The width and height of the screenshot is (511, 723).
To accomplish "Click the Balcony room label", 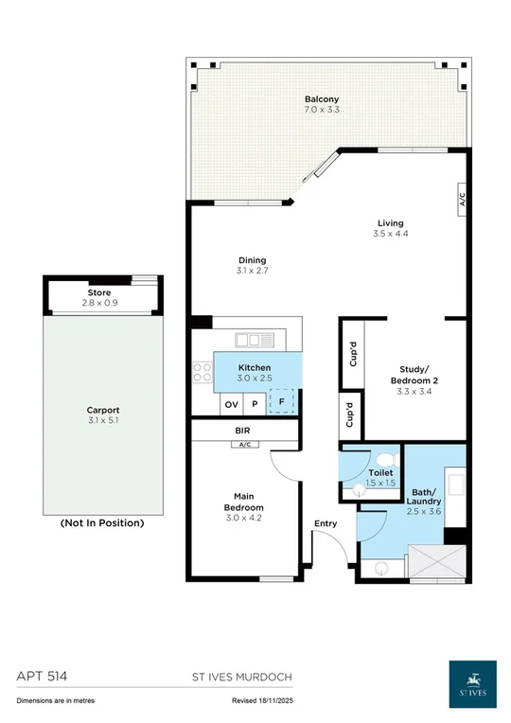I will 322,99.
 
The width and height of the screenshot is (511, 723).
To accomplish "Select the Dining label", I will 252,260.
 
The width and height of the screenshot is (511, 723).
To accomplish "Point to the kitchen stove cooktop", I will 202,372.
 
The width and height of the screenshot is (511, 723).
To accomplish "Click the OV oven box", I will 231,404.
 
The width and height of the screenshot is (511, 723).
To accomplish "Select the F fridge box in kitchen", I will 281,403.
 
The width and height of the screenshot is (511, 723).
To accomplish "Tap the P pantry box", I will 255,404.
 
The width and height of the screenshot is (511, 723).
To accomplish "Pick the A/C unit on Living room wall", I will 463,200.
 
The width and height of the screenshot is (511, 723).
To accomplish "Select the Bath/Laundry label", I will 426,498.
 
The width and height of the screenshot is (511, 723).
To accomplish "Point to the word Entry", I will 326,522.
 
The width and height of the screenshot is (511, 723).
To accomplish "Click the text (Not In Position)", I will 102,522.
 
